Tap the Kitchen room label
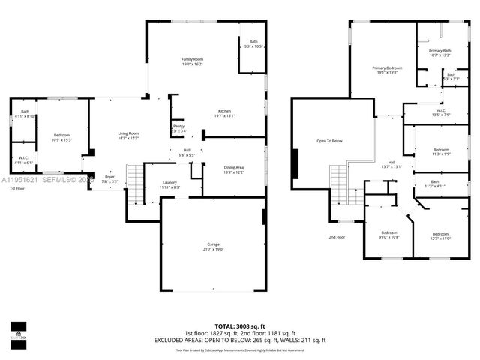coord(225,113)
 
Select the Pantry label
coord(178,128)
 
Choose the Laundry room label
coord(169,184)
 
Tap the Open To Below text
coord(329,141)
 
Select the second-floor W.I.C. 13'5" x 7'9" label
coord(440,113)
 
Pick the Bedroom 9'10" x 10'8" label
coord(388,234)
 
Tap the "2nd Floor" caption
coord(337,237)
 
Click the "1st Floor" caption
coord(17,189)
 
